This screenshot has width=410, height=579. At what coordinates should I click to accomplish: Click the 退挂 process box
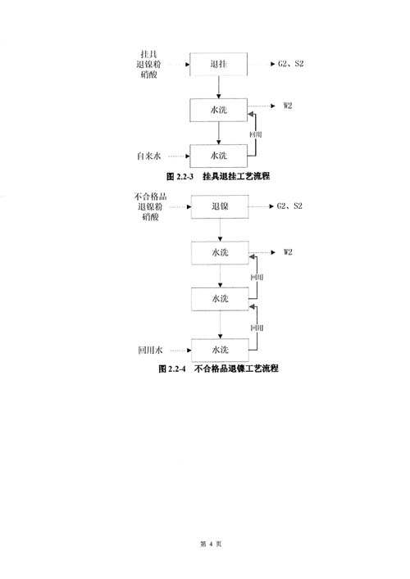tap(218, 64)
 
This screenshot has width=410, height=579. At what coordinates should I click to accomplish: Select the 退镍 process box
tap(220, 206)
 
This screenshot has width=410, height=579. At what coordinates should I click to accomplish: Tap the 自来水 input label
tap(149, 156)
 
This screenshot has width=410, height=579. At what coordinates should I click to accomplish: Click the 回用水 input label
tap(150, 350)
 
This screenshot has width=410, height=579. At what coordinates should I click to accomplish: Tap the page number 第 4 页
tap(211, 544)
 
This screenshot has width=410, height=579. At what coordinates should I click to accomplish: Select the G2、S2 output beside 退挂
tap(290, 64)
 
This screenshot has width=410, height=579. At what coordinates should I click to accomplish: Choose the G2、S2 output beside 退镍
tap(289, 206)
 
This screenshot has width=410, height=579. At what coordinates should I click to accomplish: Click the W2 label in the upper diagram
tap(288, 106)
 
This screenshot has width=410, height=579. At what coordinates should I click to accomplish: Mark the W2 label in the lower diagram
tap(288, 252)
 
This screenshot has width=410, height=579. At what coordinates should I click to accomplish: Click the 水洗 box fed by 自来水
tap(218, 156)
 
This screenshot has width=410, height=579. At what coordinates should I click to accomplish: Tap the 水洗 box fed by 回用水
tap(220, 350)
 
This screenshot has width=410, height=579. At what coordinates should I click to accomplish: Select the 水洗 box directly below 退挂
tap(218, 110)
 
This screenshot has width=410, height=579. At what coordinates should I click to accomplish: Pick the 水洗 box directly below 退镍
tap(220, 253)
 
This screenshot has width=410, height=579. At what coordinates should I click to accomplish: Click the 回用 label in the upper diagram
tap(256, 134)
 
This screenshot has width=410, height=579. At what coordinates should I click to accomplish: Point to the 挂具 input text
tap(148, 54)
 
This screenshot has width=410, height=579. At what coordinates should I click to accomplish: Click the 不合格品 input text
tap(150, 196)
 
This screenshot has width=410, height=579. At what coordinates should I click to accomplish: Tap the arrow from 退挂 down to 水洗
tap(218, 87)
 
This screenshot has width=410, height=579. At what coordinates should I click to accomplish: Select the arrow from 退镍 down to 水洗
tap(220, 229)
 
